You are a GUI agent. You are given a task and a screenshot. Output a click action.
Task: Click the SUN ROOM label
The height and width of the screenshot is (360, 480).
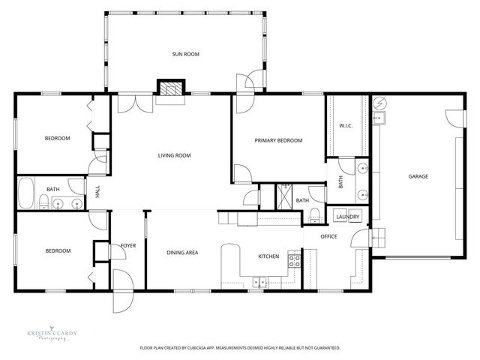pos(185,54)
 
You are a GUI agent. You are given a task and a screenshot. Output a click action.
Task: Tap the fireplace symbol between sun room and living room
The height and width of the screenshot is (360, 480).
pos(169,88)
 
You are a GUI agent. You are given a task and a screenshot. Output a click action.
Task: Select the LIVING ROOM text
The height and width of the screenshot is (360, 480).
pos(174,156)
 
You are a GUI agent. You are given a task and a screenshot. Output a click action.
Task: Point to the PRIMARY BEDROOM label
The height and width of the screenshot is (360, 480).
pos(278,140)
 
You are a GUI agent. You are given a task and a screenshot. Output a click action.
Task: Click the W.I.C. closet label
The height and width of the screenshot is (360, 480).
pos(346,125)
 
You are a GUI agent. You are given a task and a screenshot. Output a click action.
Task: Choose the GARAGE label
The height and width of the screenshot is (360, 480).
pos(418,177)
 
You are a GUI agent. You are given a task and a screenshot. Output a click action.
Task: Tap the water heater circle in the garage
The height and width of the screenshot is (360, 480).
pos(379,103)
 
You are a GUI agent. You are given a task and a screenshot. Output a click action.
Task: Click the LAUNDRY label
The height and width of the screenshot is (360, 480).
pos(348,217)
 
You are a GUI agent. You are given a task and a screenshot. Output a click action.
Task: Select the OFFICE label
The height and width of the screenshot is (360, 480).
pos(328,237)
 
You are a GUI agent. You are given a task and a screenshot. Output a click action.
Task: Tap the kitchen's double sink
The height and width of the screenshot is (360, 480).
pos(259,283)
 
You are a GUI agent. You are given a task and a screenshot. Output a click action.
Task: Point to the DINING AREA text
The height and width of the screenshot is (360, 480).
pos(182,253)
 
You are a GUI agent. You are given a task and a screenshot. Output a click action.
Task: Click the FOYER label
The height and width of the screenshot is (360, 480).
pos(128,245)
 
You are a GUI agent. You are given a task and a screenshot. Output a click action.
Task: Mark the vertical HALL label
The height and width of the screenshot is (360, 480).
pos(97,192)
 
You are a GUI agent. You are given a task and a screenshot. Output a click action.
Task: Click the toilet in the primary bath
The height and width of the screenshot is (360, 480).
pos(314,217)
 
